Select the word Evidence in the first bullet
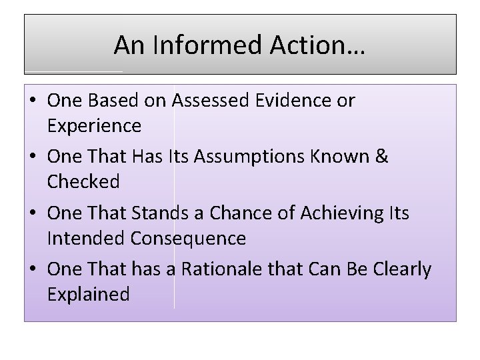[x=298, y=101]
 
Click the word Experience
[x=94, y=125]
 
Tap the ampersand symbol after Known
[x=383, y=157]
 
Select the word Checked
[x=83, y=181]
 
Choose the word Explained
[x=89, y=294]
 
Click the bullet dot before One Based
[x=33, y=101]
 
